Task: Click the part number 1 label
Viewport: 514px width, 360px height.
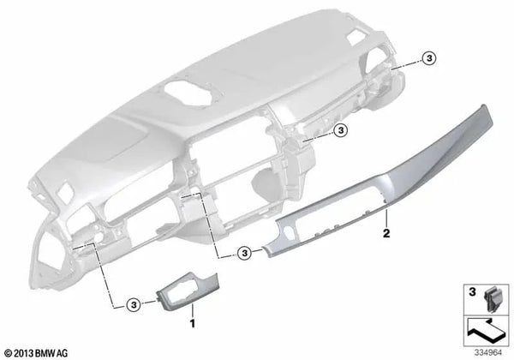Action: click(x=193, y=326)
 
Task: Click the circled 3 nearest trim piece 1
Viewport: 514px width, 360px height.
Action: click(x=134, y=304)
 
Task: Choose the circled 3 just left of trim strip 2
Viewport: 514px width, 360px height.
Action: click(x=244, y=253)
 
